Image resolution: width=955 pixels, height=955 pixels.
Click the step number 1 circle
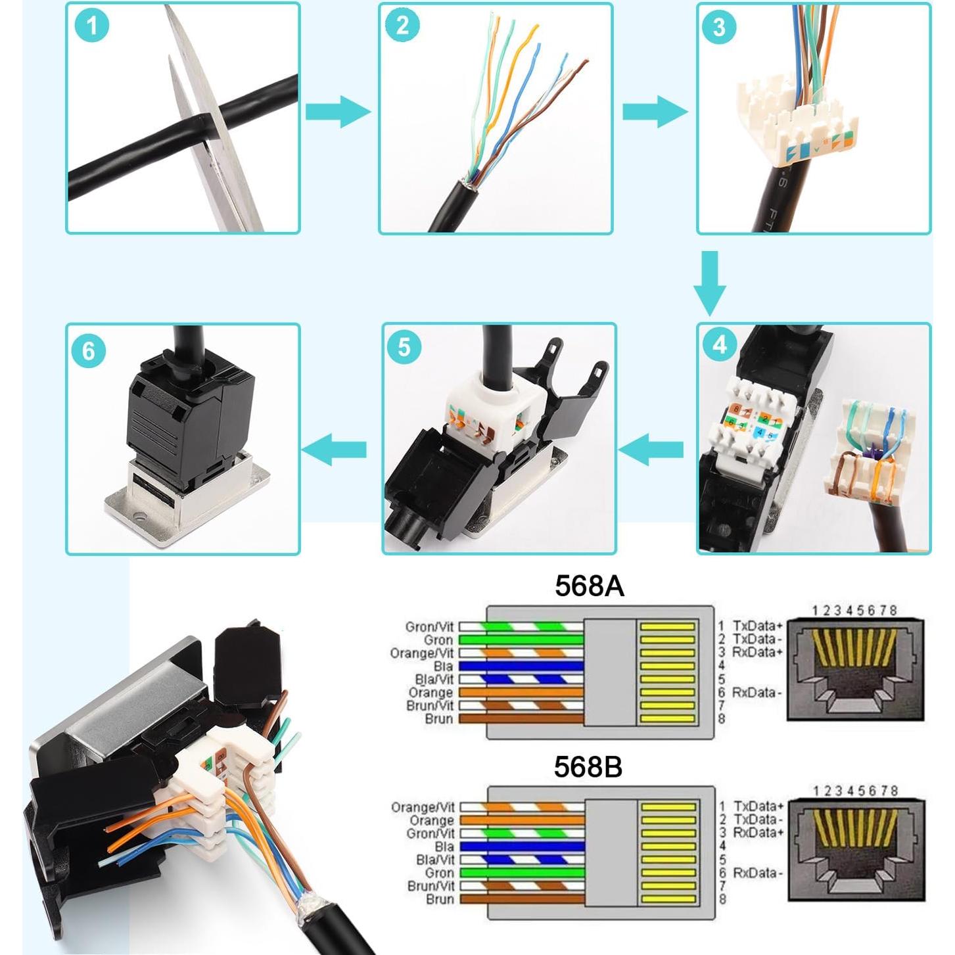pos(91,26)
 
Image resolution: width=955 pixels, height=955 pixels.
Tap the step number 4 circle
pos(720,344)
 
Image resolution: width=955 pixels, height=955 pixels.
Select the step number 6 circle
pos(89,350)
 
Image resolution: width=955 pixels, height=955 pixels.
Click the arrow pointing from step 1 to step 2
pos(338,111)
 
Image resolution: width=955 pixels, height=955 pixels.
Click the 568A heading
pos(589,586)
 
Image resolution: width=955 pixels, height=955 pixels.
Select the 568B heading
pos(588,766)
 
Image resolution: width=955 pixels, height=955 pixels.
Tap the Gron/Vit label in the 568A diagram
pos(429,627)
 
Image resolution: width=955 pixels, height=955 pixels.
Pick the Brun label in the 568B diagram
pos(440,899)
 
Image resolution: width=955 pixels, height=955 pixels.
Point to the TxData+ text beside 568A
pos(758,626)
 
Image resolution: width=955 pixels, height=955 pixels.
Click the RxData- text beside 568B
pos(758,873)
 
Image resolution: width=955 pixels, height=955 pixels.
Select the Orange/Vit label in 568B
pos(423,807)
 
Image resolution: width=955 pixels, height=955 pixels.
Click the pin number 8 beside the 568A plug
pos(722,719)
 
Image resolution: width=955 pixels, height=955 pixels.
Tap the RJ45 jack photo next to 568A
pos(855,670)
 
